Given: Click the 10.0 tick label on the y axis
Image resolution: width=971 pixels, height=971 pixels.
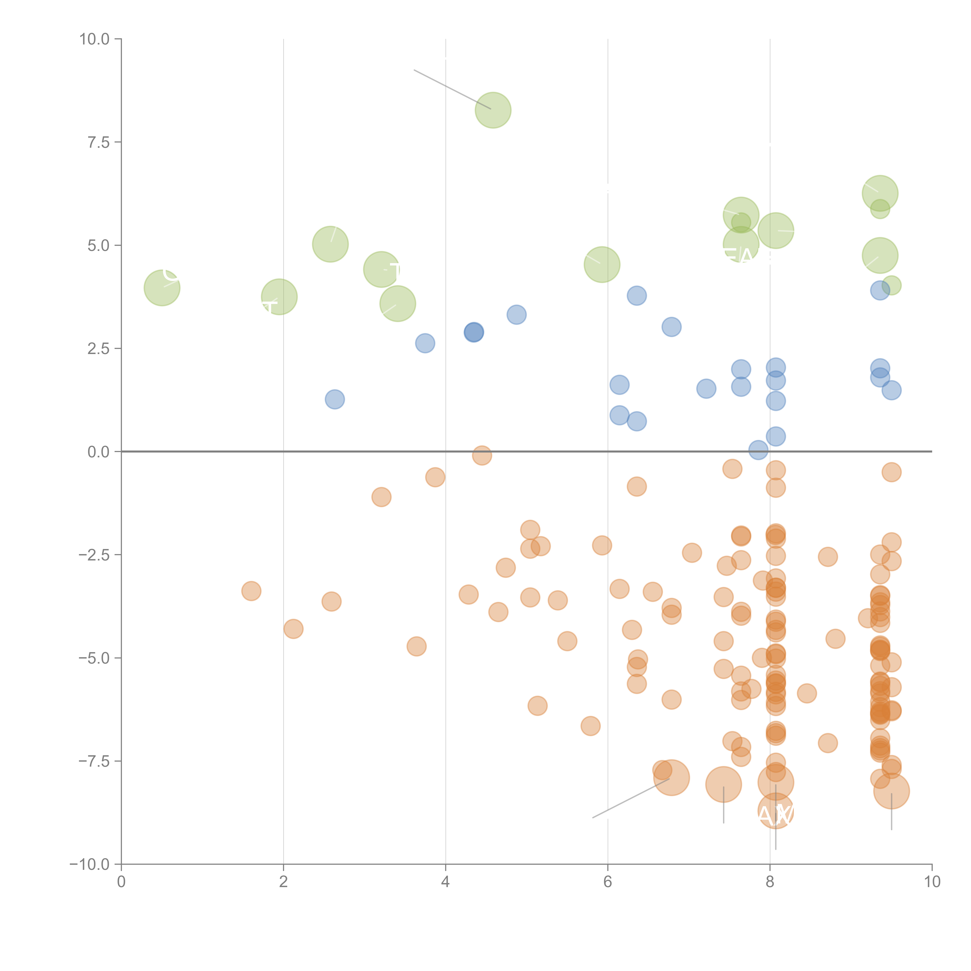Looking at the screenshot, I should coord(95,39).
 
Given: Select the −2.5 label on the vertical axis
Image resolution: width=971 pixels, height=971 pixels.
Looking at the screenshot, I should coord(95,555).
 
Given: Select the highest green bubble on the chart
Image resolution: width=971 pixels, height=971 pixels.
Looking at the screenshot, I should coord(493,110).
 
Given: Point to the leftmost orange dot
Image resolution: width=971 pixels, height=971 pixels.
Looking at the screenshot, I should coord(251,591).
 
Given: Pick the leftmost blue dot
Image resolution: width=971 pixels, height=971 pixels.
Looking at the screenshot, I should coord(335,399).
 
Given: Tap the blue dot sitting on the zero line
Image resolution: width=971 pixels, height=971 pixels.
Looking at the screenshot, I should coord(758,450).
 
